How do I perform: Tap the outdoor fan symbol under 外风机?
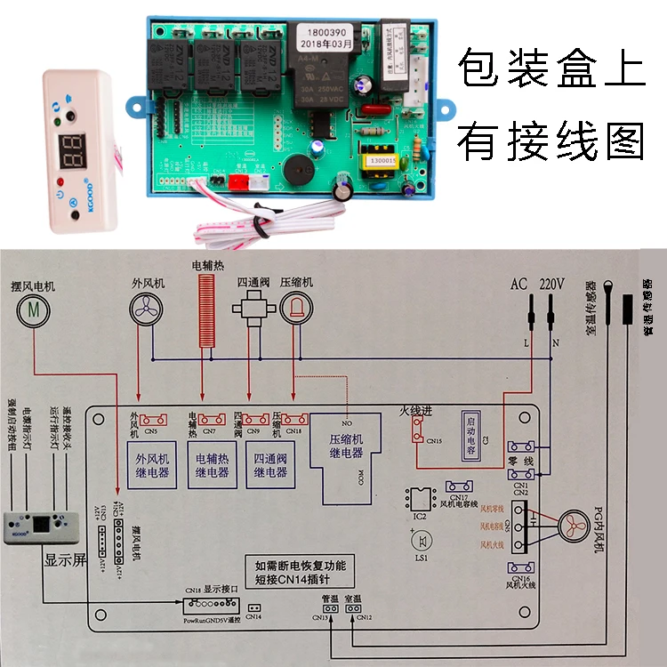click(x=148, y=310)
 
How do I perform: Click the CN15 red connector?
click(x=416, y=431)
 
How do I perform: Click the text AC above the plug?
click(x=519, y=285)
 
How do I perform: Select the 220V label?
click(x=552, y=285)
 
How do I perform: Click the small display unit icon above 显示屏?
click(x=32, y=527)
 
